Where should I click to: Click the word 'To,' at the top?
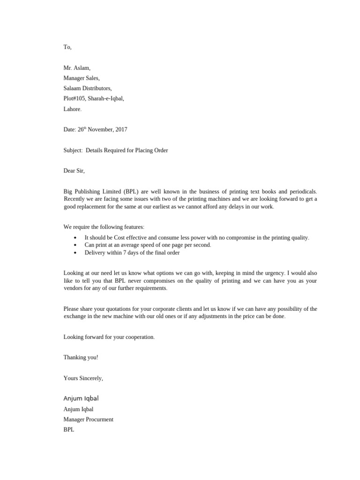(x=67, y=47)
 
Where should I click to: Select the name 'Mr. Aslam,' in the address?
(x=77, y=68)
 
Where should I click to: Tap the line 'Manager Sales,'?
(x=82, y=78)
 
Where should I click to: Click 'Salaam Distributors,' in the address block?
(x=88, y=89)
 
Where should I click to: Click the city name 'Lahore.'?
(x=73, y=109)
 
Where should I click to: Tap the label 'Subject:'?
(x=73, y=150)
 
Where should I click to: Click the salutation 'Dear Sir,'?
(x=74, y=171)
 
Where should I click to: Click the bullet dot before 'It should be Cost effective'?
(x=75, y=238)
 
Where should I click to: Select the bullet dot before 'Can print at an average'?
(x=75, y=245)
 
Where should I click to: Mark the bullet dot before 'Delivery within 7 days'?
(x=75, y=253)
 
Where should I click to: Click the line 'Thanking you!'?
(x=81, y=357)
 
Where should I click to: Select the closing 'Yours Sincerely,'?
(x=83, y=378)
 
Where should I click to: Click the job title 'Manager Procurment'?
(x=89, y=420)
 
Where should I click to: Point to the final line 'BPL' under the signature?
(x=69, y=430)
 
